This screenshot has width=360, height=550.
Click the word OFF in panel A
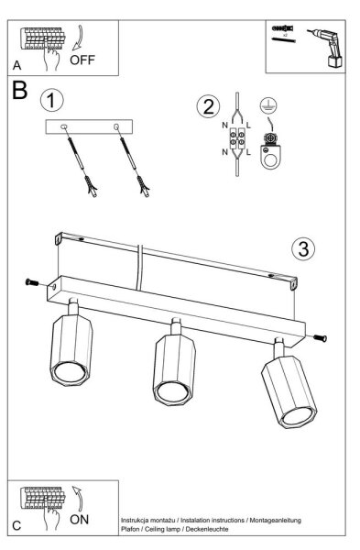coord(82,60)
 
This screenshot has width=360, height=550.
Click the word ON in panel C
coord(79,520)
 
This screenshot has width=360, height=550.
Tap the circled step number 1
coord(52,100)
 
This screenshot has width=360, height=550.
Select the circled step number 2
coord(208,106)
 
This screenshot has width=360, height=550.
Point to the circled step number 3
coord(303,248)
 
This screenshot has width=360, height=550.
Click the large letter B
coord(19,90)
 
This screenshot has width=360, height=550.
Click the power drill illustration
coord(327,48)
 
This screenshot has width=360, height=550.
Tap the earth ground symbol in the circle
coord(268,104)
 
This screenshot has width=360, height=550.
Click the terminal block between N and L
coord(236,138)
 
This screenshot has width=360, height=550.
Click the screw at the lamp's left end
coord(32,282)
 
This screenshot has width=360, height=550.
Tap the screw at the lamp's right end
coord(320,338)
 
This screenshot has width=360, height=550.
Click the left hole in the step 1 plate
coord(64,126)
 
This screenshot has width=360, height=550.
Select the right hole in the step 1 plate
coord(116,126)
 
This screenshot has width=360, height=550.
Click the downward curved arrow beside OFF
coord(78,38)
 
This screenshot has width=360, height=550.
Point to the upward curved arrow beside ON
coord(78,498)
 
